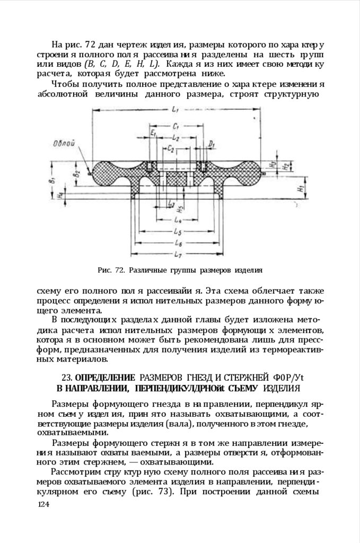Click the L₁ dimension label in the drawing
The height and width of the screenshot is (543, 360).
[175, 108]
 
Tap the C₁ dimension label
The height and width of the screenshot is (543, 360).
[175, 127]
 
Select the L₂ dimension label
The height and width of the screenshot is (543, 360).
[175, 137]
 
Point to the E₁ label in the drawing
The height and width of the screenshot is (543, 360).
[152, 133]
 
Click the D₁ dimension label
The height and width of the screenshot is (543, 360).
[211, 144]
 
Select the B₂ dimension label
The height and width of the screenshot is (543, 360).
[77, 171]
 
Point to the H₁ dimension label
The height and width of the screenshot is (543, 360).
[300, 188]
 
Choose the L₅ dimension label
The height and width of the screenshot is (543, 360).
[178, 232]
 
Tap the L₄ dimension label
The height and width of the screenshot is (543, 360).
[178, 220]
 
